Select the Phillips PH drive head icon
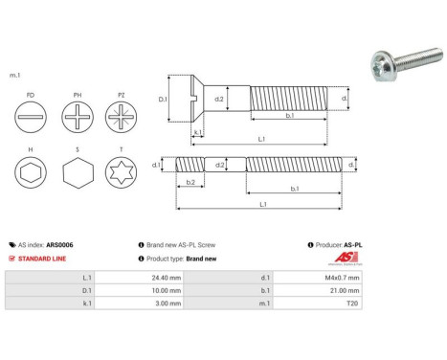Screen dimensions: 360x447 76,123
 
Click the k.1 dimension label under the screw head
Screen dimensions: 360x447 196,132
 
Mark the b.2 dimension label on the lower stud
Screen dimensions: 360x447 190,182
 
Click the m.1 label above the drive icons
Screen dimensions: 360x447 14,74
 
